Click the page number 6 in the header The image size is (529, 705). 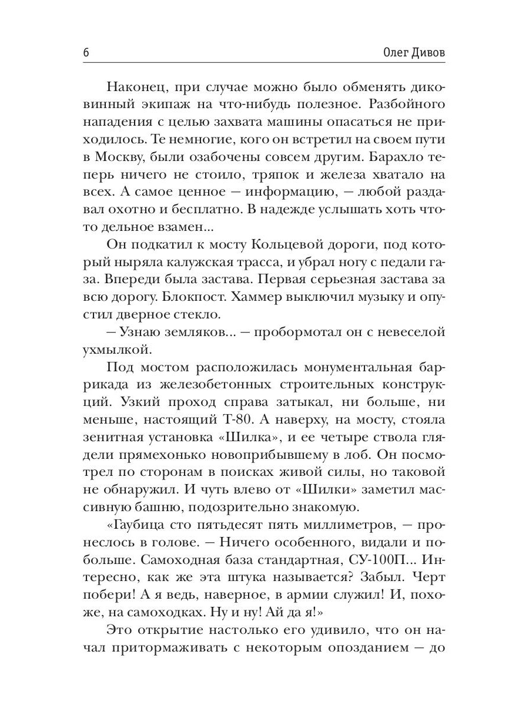86,52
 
